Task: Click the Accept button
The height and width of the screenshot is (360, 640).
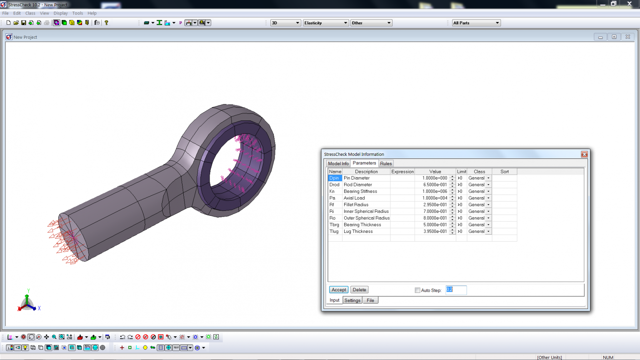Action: point(339,290)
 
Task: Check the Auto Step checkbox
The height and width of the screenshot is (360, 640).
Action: point(417,290)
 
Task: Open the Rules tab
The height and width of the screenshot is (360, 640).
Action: point(386,164)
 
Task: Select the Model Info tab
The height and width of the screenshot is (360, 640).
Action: point(338,164)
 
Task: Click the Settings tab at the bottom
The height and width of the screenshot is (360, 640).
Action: point(352,300)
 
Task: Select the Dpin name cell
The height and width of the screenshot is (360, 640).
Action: point(335,178)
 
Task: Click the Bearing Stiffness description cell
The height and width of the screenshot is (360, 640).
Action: point(366,191)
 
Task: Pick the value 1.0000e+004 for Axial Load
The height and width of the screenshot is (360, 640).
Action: point(435,198)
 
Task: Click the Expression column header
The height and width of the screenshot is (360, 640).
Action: point(402,172)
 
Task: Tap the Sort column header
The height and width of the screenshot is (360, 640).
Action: point(504,172)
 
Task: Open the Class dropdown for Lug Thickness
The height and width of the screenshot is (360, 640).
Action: point(488,232)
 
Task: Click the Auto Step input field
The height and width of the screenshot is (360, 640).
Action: point(456,290)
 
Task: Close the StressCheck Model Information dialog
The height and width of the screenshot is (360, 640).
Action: point(584,154)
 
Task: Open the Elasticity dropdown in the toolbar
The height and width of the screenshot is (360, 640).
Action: point(325,23)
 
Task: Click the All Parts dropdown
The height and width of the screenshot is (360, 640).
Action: point(476,23)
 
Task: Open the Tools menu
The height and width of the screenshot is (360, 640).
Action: point(77,13)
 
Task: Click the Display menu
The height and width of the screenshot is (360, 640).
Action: point(60,13)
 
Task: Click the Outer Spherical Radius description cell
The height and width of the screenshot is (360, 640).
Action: point(366,218)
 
